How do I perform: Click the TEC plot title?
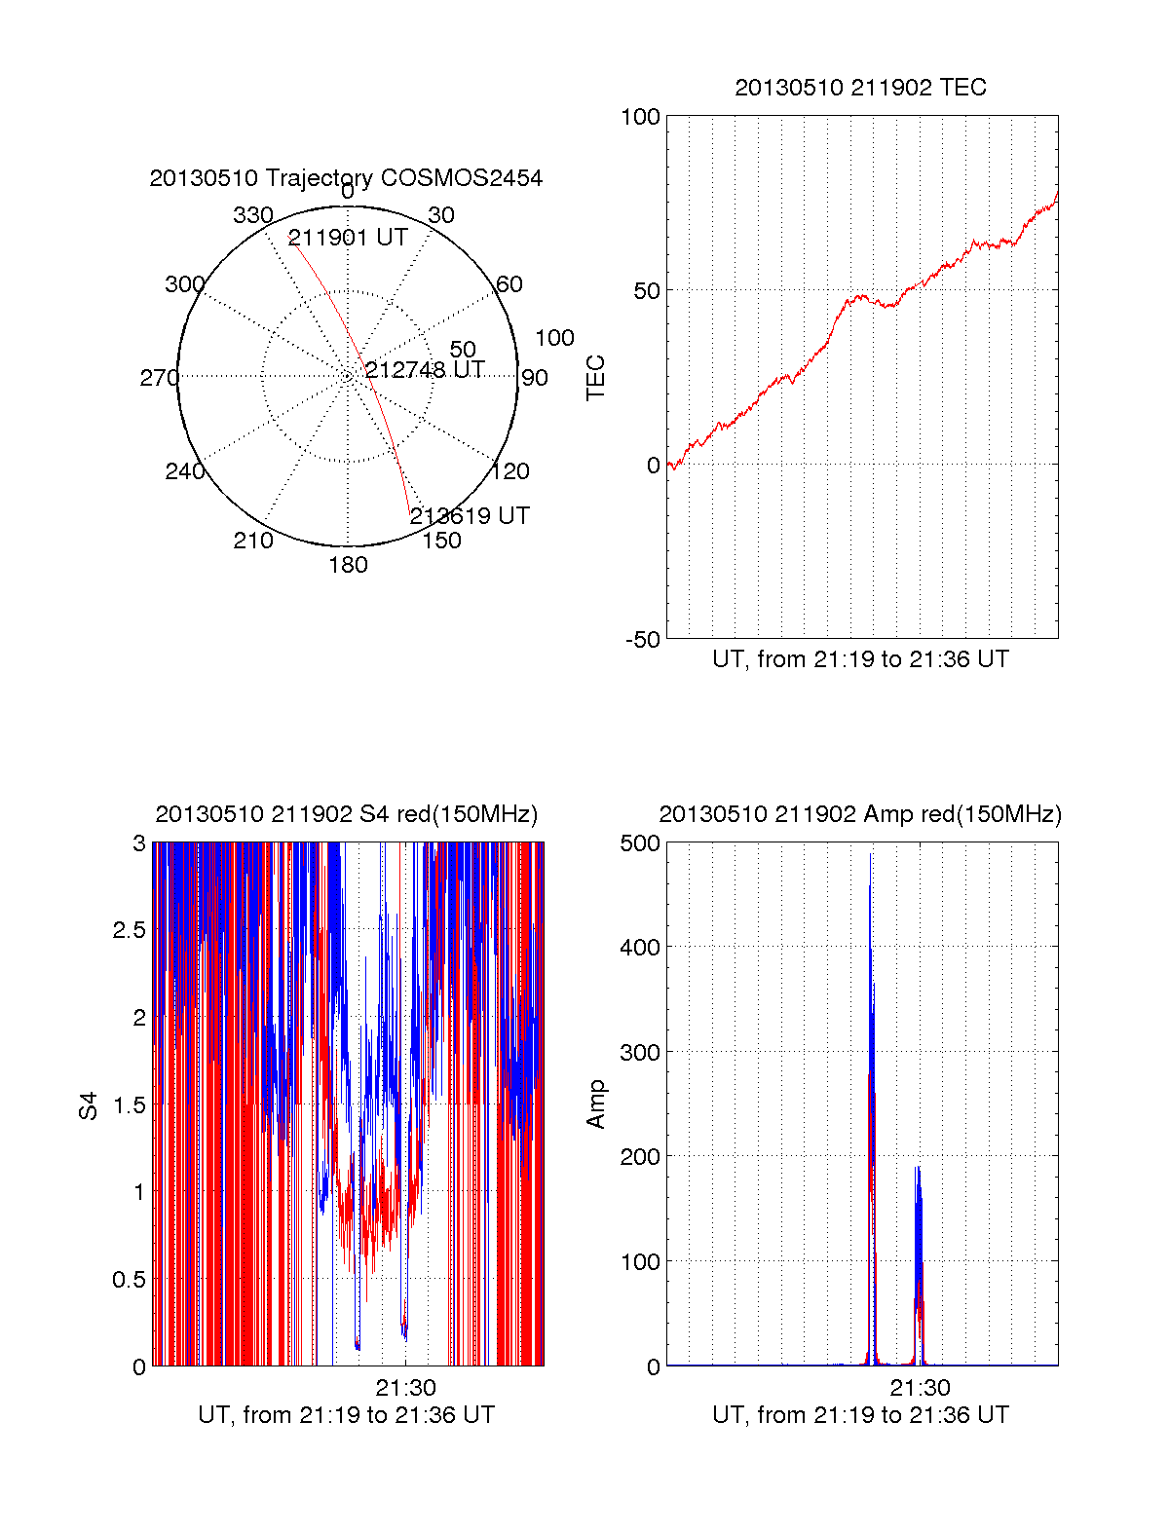[860, 88]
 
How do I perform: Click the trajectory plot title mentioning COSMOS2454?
[346, 178]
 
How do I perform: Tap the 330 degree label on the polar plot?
[252, 215]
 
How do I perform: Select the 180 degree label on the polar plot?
[348, 565]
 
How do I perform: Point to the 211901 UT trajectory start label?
[348, 238]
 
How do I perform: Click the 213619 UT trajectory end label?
[470, 516]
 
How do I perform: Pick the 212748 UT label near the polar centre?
[425, 370]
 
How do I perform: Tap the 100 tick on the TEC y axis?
[640, 117]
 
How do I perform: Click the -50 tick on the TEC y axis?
[643, 640]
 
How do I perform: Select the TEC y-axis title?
[595, 378]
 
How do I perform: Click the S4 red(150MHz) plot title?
[346, 814]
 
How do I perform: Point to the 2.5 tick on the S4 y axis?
[129, 930]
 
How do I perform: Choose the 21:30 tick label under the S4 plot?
[405, 1387]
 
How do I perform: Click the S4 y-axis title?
[89, 1105]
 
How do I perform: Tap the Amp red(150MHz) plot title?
[860, 814]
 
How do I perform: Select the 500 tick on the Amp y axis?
[640, 843]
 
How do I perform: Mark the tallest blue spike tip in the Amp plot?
[870, 855]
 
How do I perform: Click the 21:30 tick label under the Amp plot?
[920, 1387]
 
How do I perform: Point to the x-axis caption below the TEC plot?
[860, 659]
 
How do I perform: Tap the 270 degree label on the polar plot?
[159, 378]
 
